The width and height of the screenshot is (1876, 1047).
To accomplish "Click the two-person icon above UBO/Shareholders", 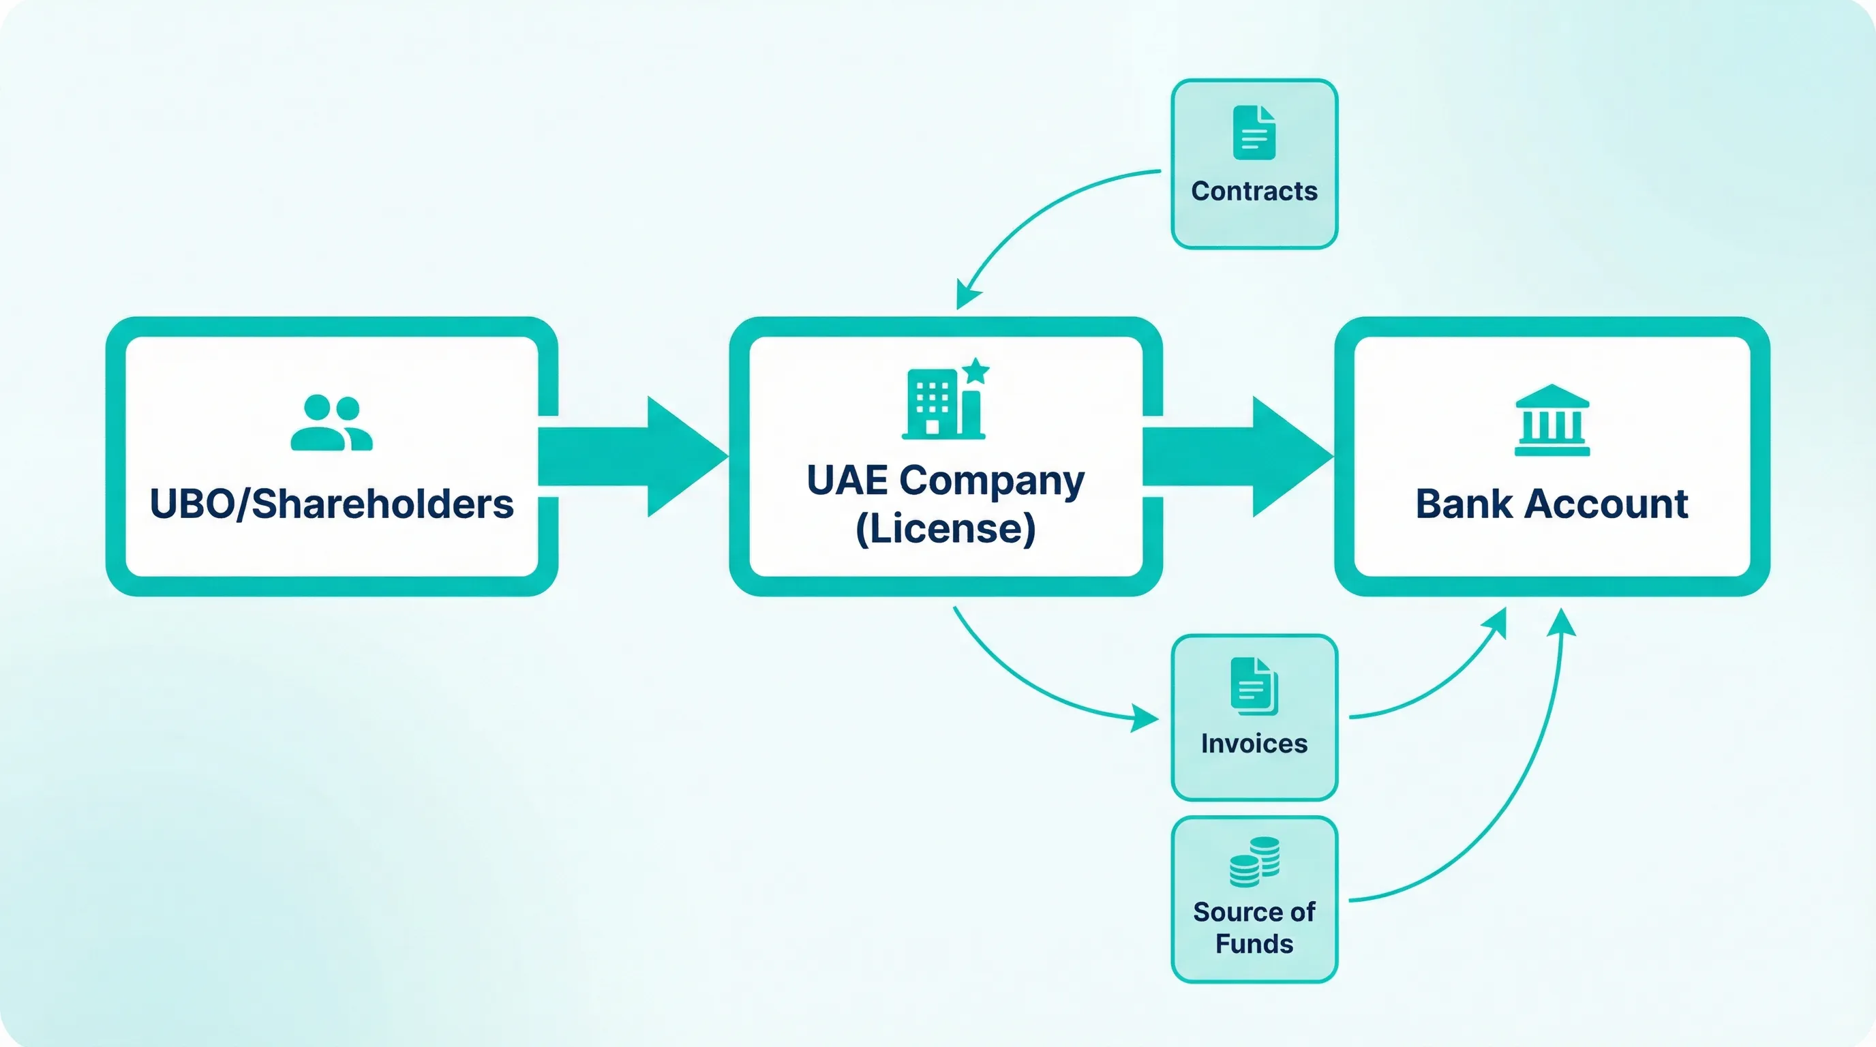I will (x=331, y=423).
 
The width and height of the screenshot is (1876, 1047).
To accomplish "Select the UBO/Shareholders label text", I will (x=331, y=504).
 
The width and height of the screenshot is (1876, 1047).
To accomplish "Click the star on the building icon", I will (x=976, y=371).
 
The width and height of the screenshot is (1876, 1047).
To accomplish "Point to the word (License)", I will (x=945, y=528).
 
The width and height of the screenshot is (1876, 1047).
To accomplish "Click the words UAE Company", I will (x=945, y=481).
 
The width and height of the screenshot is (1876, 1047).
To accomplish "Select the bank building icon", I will (x=1552, y=420).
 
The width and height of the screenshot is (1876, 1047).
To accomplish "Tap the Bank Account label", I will (x=1552, y=504).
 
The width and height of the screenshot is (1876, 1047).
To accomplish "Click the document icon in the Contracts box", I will (x=1254, y=132).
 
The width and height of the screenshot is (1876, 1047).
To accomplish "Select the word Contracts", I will (x=1254, y=191).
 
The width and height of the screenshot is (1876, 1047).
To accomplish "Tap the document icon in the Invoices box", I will (x=1254, y=686).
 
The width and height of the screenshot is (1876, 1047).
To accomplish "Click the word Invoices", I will (x=1254, y=744).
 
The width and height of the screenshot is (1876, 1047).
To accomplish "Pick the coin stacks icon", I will (x=1254, y=862).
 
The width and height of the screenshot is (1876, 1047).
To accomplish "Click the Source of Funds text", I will (x=1254, y=927).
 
